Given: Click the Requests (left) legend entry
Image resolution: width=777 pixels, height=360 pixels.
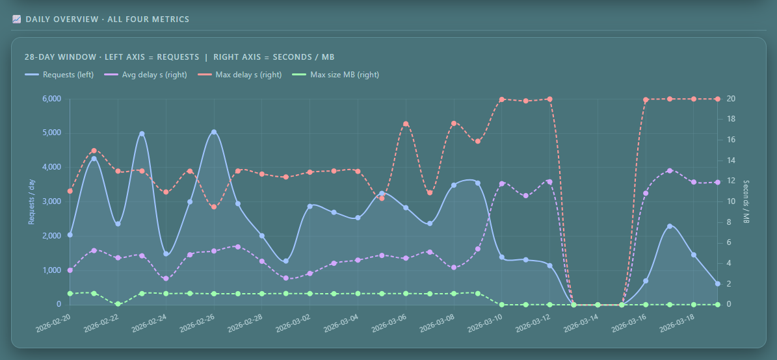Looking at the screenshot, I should click(x=59, y=75).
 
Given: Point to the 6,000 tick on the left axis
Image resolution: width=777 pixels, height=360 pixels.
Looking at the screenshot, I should click(x=51, y=99).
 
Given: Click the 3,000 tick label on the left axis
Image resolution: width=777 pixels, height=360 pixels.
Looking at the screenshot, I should click(x=51, y=201).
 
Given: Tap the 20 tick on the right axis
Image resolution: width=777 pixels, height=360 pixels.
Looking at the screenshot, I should click(x=732, y=99).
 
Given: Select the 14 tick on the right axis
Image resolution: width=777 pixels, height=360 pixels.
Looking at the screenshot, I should click(x=732, y=161).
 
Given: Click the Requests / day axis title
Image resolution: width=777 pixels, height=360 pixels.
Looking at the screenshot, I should click(x=31, y=201).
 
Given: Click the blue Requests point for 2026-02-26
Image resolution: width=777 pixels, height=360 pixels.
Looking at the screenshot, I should click(x=214, y=132).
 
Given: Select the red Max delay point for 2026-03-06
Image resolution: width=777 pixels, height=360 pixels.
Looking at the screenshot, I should click(x=406, y=124).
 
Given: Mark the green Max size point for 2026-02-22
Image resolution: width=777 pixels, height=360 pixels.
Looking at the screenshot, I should click(x=118, y=303).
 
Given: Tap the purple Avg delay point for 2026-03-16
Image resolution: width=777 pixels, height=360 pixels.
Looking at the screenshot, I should click(x=646, y=193).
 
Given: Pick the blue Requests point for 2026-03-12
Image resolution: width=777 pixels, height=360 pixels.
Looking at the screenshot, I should click(x=549, y=265).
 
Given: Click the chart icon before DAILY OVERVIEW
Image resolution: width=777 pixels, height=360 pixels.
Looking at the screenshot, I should click(x=16, y=19).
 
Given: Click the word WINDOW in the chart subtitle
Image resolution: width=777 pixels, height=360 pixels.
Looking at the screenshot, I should click(x=75, y=57).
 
